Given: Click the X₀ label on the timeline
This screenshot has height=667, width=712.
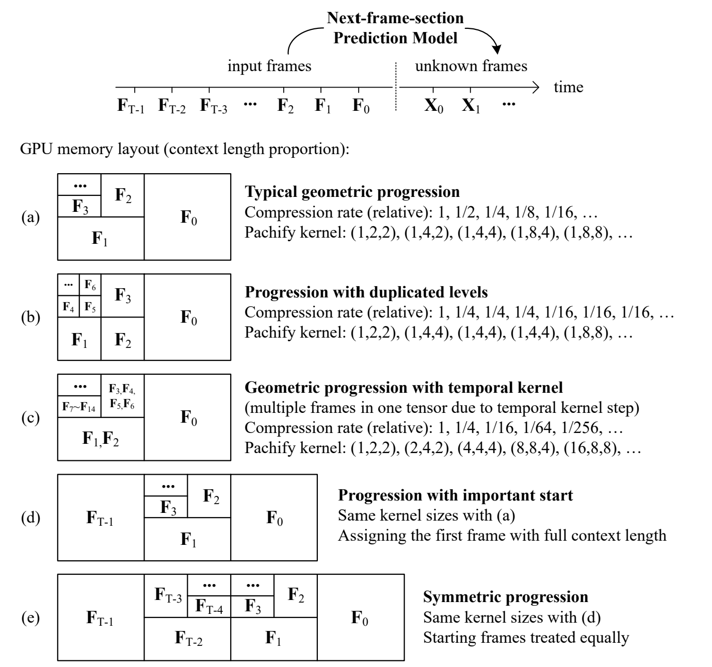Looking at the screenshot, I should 433,106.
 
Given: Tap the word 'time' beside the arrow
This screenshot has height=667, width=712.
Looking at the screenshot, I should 569,87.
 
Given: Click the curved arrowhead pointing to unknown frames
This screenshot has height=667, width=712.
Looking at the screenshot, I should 497,49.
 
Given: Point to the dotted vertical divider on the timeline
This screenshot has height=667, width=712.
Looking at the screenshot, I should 396,87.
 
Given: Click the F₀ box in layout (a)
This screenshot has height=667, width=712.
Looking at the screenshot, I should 188,217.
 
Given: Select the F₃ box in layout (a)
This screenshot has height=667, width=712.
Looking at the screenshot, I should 79,206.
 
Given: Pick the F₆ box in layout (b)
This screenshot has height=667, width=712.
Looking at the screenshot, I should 90,285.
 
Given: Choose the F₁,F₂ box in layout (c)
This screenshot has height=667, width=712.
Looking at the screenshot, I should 101,438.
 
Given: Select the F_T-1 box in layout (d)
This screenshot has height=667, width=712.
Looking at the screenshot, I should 101,518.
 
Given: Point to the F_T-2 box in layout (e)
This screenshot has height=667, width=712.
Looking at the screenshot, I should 188,639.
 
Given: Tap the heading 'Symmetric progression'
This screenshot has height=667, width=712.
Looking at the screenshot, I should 506,597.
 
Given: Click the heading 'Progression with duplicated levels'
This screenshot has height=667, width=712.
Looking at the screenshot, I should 366,292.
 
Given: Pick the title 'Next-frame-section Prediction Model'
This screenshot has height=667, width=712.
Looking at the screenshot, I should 395,28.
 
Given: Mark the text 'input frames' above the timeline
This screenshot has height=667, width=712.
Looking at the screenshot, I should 269,66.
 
